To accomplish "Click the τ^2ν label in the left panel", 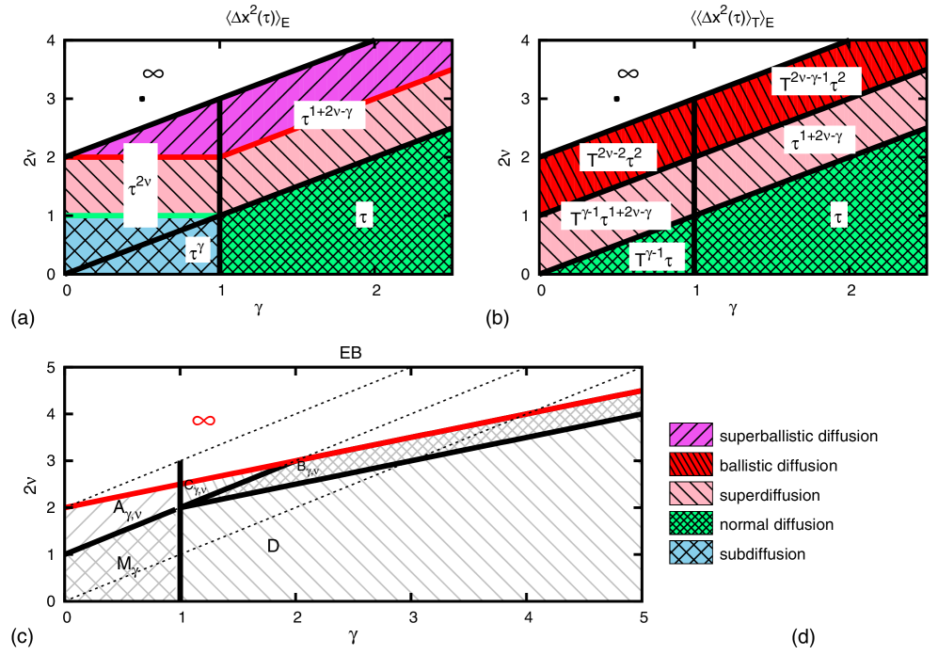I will (140, 185).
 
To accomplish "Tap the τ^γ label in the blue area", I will (196, 252).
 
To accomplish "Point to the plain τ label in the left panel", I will (363, 216).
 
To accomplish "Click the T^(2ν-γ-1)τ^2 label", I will (816, 82).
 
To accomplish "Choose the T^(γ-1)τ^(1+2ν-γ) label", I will (615, 216).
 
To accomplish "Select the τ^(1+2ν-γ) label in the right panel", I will (821, 140).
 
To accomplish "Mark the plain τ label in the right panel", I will (838, 216).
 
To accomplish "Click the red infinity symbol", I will (204, 420).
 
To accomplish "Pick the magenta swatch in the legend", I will (691, 434).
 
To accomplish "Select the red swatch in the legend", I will (691, 464).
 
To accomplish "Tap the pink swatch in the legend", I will (691, 493).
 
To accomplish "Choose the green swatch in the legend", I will (691, 522).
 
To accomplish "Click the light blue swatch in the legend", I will (691, 551).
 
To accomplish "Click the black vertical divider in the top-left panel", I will (219, 188).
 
